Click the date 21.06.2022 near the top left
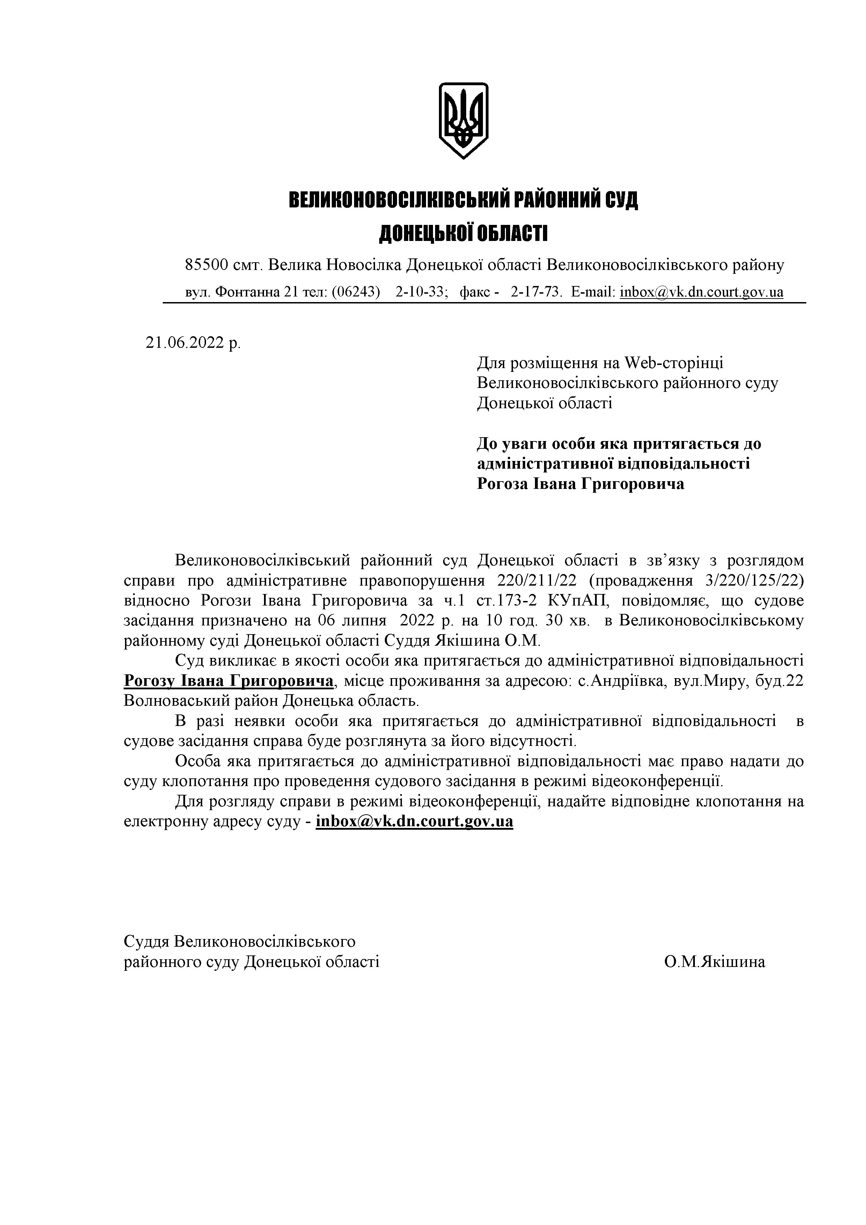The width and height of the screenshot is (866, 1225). pos(184,343)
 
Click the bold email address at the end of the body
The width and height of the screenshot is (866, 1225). pos(414,821)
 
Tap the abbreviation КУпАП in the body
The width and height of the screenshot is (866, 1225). pos(577,600)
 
